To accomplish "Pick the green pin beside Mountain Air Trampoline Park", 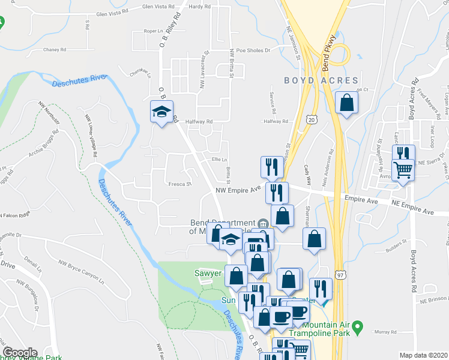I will pos(358,328).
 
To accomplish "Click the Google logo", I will pos(19,353).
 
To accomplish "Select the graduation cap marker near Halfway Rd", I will pos(161,112).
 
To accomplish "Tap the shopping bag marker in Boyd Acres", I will pos(346,102).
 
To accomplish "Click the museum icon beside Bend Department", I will pos(263,223).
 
